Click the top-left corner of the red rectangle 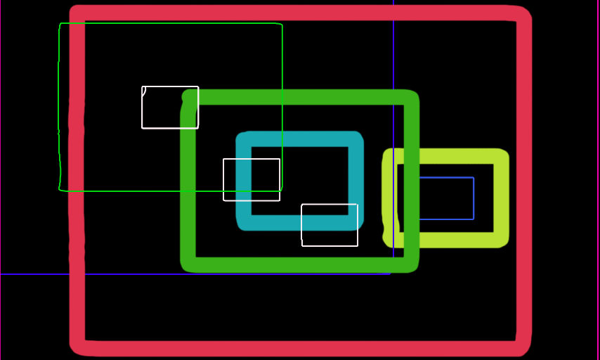(77, 13)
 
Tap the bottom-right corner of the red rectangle (523, 348)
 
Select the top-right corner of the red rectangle (523, 13)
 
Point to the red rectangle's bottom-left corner (77, 347)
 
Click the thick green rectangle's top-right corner (412, 97)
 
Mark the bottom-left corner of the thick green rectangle (188, 265)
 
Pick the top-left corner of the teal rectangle (244, 139)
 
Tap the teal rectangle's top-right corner (356, 139)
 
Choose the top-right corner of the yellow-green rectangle (502, 155)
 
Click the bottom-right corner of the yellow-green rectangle (502, 240)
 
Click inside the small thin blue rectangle (446, 198)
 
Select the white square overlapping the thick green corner (170, 108)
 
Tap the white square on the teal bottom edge (330, 225)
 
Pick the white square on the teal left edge (252, 180)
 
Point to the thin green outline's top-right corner (282, 25)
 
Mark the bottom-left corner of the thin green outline (60, 190)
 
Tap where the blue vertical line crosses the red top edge (393, 13)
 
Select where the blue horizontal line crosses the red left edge (77, 274)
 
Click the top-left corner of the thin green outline (60, 24)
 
